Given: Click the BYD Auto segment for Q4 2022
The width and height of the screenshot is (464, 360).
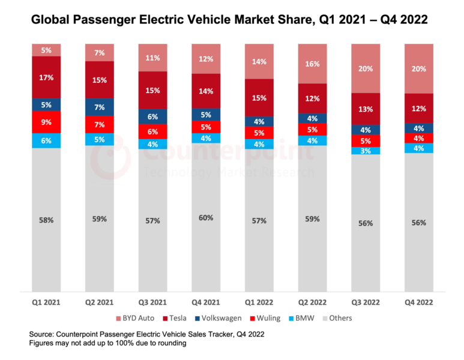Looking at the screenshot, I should point(419,68).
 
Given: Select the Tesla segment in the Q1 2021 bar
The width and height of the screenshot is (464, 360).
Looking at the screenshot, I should point(46,77).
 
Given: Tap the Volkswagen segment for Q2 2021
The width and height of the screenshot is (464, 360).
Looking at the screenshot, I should point(100,107).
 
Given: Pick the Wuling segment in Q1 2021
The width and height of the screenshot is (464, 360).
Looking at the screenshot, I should point(46,122).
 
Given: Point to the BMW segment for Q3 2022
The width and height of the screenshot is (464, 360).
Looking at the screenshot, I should point(366,151).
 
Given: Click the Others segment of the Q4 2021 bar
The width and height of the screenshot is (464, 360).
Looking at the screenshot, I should point(206,218).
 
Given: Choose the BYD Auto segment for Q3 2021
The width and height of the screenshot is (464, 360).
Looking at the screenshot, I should point(152,58).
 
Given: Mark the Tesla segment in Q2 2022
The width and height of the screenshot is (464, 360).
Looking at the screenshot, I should point(312,98).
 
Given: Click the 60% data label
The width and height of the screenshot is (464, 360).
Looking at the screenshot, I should point(206,218).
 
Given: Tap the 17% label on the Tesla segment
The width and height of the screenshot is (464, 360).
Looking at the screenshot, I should point(46,77).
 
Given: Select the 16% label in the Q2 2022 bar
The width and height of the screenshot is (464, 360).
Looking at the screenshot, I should point(312,64).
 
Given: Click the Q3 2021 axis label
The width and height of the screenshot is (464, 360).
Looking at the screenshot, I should point(152,303).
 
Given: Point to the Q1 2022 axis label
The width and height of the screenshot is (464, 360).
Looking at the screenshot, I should point(259,303).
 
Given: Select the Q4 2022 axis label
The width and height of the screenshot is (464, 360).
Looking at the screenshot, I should point(419,303).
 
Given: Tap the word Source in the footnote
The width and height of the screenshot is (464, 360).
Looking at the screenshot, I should point(43,334).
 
